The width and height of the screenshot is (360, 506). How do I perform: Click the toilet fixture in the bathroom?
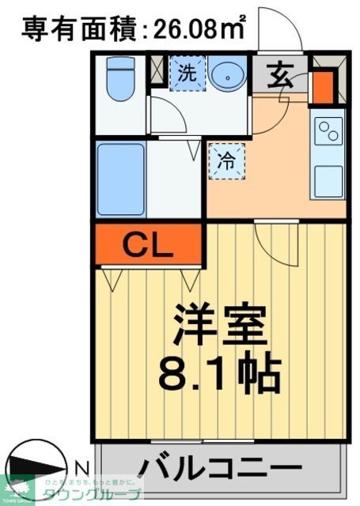(x=121, y=80)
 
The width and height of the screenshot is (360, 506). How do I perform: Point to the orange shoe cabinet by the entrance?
(x=322, y=88)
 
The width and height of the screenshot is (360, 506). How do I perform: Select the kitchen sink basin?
(x=328, y=181)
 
